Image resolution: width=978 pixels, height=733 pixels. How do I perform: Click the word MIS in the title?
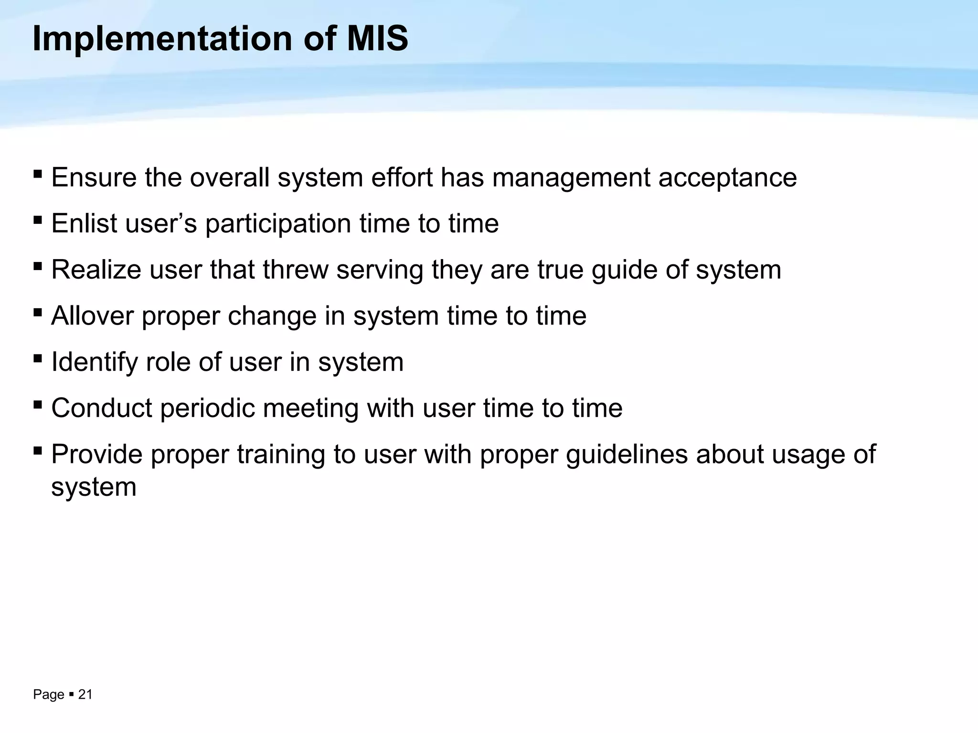pos(377,39)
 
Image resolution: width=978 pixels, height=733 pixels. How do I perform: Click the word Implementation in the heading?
pos(162,39)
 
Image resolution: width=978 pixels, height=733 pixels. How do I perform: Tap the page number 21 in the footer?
pos(85,694)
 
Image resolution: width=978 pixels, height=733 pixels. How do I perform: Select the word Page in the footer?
pos(48,694)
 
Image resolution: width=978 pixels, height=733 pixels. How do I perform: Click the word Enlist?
pos(84,223)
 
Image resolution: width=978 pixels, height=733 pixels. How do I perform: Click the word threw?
pos(295,270)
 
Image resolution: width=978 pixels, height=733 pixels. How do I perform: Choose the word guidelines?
pos(627,454)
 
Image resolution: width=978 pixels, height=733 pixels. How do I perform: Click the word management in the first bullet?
pos(571,178)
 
